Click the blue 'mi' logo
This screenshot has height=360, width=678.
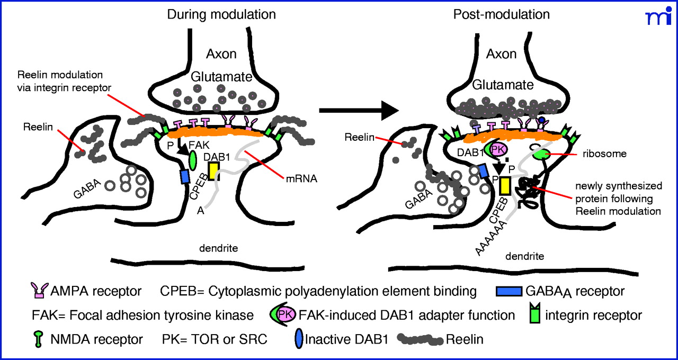[657, 17]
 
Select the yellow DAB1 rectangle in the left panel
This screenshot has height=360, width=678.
[213, 170]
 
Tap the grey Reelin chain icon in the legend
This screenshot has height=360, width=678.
[420, 339]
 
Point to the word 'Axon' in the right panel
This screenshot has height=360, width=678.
[501, 54]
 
